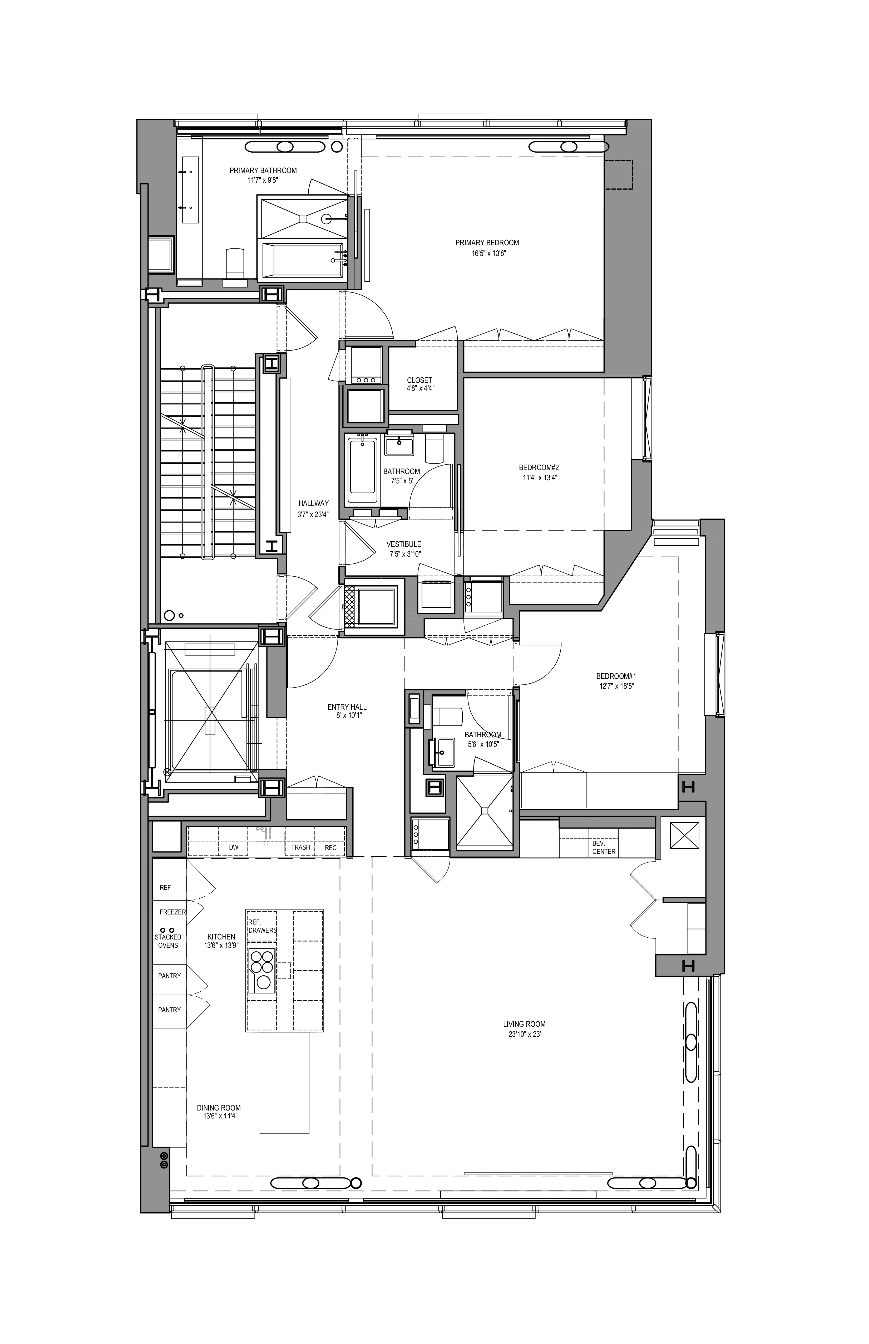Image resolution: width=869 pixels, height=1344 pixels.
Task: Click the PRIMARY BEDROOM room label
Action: coord(487,243)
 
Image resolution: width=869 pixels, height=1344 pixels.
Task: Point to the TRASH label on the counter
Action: coord(300,847)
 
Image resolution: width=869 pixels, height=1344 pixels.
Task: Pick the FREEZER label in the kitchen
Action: coord(172,912)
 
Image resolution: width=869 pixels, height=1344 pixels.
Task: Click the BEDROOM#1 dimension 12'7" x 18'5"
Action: coord(616,686)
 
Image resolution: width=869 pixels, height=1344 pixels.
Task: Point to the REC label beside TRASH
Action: coord(331,848)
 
